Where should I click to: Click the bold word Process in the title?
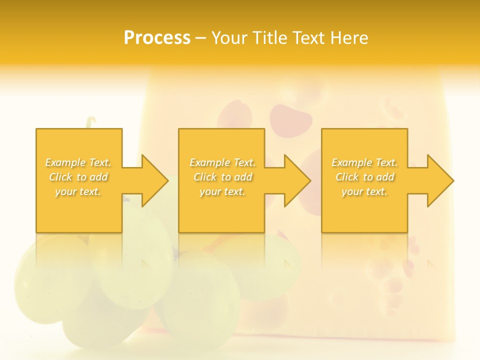coord(157,38)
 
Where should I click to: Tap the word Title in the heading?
coord(269,38)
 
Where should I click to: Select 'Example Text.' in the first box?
coord(78,162)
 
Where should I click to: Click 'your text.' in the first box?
coord(78,191)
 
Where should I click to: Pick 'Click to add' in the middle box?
coord(222,177)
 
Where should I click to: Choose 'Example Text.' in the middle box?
coord(222,162)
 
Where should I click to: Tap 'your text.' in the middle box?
coord(222,191)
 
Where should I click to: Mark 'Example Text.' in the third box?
coord(364,162)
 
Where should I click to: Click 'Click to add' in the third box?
coord(364,177)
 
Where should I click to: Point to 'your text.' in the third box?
coord(364,191)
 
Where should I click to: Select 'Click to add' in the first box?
coord(78,177)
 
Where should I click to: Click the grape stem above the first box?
coord(91,122)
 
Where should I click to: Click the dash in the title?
coord(201,38)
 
